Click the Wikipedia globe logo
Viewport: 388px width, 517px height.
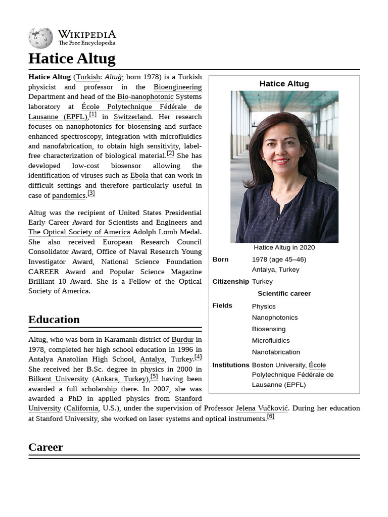[40, 38]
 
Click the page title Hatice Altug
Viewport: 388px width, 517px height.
[72, 59]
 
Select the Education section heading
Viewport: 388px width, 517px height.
[54, 320]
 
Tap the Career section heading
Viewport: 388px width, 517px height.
[45, 447]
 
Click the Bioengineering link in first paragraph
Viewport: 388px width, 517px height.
[177, 87]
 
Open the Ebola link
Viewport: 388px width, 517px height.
[139, 176]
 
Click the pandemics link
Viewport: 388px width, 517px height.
[69, 195]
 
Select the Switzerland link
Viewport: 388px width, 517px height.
[132, 117]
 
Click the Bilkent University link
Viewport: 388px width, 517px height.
[58, 379]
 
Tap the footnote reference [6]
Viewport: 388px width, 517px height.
[270, 417]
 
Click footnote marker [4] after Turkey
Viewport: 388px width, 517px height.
[198, 357]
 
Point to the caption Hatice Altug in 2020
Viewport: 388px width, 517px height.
[284, 247]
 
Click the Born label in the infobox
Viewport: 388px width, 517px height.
[220, 260]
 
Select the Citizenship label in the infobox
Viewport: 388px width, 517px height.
[230, 282]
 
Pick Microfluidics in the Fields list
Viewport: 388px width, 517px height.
[271, 341]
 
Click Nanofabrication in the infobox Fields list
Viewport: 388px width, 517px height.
[276, 352]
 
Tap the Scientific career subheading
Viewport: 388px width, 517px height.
[284, 294]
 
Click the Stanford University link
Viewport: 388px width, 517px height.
[188, 399]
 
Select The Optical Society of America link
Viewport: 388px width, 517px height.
[79, 232]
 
